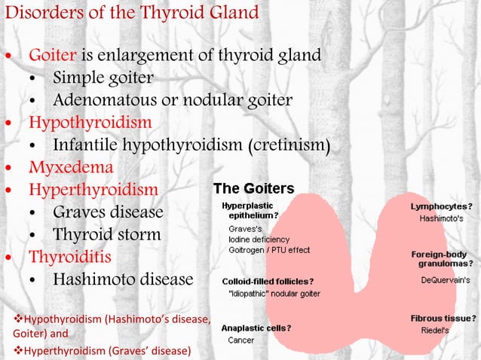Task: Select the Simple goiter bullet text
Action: (x=103, y=78)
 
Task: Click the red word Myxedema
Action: (x=71, y=166)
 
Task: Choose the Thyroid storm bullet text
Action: (x=106, y=234)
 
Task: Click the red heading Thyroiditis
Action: (x=70, y=257)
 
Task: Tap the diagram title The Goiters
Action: (x=254, y=188)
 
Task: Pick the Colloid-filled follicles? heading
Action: (x=268, y=282)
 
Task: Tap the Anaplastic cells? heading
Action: (x=256, y=328)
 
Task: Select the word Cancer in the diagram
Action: (x=241, y=340)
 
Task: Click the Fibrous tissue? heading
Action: (x=443, y=318)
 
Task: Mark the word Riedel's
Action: (x=434, y=330)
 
